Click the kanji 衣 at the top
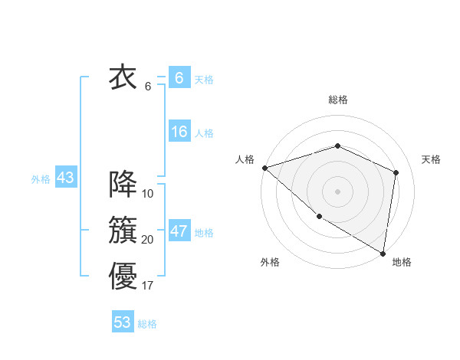tap(123, 77)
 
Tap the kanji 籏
tap(123, 231)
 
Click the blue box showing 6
tap(179, 78)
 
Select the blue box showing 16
tap(179, 132)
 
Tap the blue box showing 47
tap(179, 231)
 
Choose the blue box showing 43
tap(65, 178)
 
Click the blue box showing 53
tap(123, 322)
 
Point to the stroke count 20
tap(148, 240)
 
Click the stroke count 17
tap(148, 286)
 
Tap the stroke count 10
tap(148, 194)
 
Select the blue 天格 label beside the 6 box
tap(204, 80)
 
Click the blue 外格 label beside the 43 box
tap(41, 179)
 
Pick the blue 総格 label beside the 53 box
tap(147, 324)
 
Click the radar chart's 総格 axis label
tap(338, 100)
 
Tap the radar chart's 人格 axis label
tap(245, 159)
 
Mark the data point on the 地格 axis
tap(383, 253)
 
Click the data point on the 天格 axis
tap(396, 172)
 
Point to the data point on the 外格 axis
tap(319, 217)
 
